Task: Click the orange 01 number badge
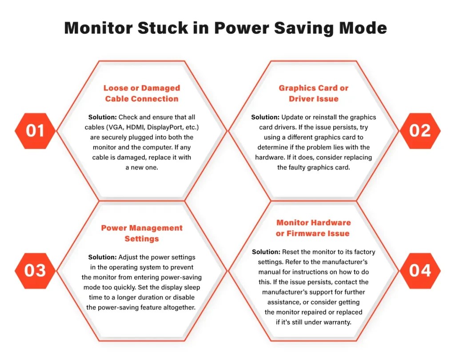click(x=35, y=131)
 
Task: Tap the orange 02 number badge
click(x=420, y=131)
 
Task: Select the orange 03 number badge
click(x=35, y=271)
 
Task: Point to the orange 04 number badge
click(x=420, y=271)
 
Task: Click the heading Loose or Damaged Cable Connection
click(x=142, y=93)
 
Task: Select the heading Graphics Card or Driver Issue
click(x=314, y=93)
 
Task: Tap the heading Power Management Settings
click(x=142, y=233)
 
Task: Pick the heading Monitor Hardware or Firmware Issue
click(x=314, y=228)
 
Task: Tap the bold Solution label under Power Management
click(x=103, y=257)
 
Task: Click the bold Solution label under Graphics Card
click(x=265, y=117)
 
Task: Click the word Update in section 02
click(x=293, y=117)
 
